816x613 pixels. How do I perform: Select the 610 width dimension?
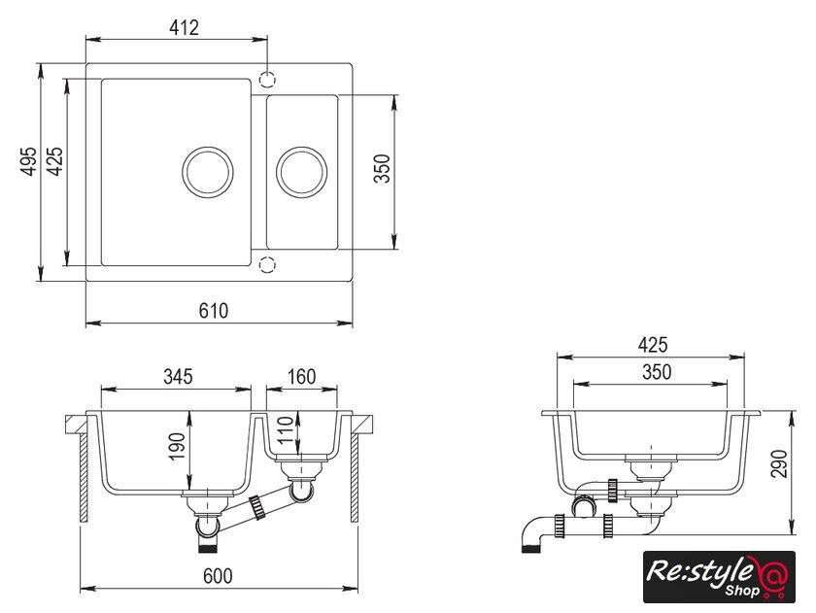[x=213, y=311]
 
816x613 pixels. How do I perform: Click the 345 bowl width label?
[x=178, y=376]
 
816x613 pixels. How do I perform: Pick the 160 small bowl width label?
[x=301, y=376]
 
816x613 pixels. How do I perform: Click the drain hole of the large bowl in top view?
[x=208, y=171]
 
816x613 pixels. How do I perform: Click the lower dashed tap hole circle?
[x=271, y=263]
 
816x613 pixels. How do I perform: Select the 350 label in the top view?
[x=381, y=171]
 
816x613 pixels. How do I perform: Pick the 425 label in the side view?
[x=652, y=345]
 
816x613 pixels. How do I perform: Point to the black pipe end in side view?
[x=530, y=547]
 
